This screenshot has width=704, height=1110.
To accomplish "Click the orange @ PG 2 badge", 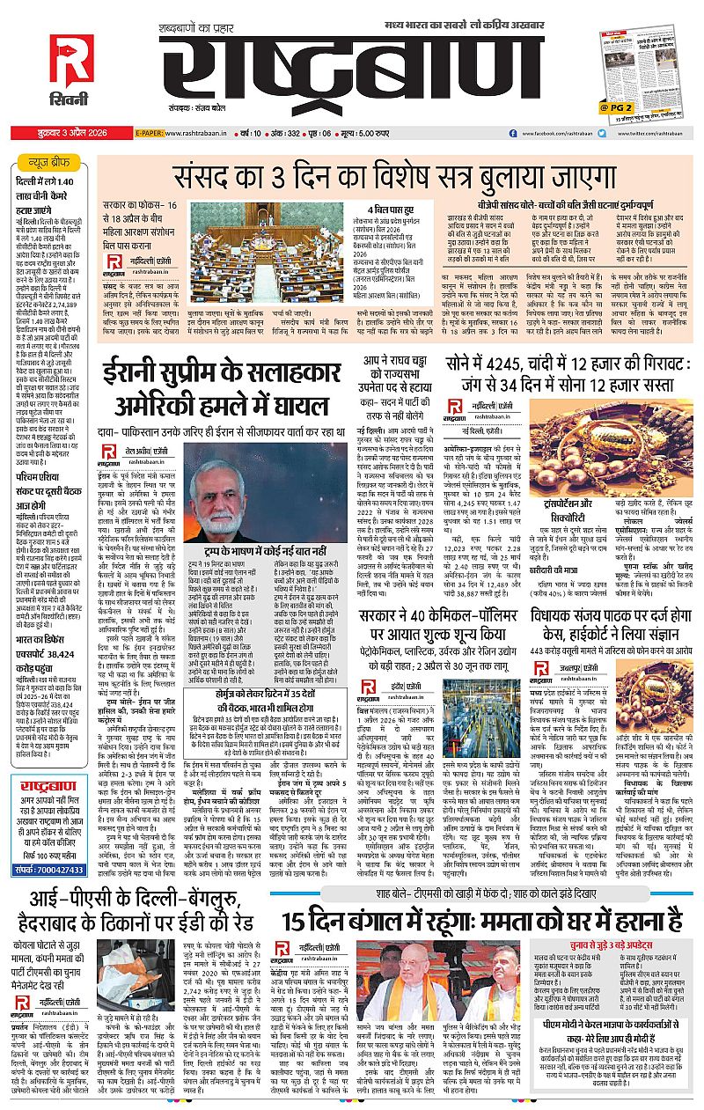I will (x=617, y=107).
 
